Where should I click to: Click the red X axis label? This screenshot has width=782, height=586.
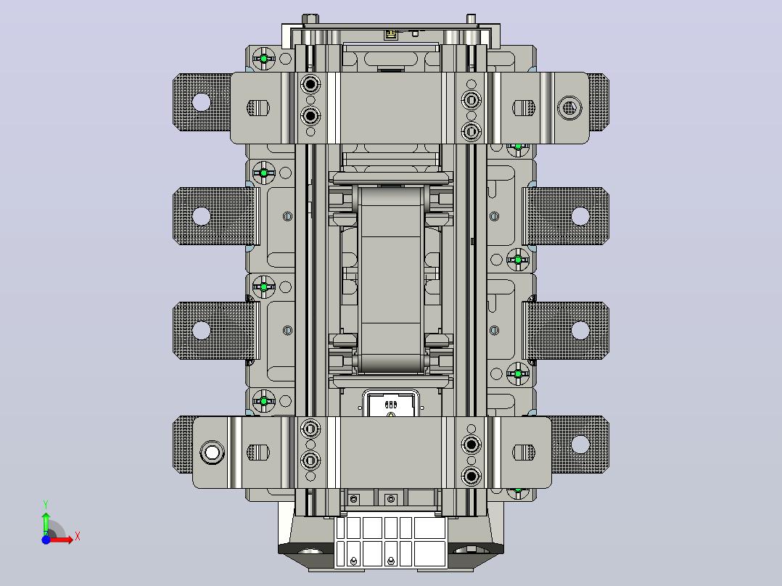coord(78,537)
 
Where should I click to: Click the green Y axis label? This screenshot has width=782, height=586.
coord(46,505)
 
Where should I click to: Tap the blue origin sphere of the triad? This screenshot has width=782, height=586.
coord(46,540)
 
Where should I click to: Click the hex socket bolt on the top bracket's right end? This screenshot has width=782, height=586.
coord(569,107)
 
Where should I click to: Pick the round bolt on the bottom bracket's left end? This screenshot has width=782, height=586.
coord(212,453)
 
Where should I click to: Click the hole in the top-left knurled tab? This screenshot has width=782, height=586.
coord(202,102)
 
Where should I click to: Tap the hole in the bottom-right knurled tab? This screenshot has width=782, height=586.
coord(580,444)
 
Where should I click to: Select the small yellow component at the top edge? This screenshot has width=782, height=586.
coord(390,34)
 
